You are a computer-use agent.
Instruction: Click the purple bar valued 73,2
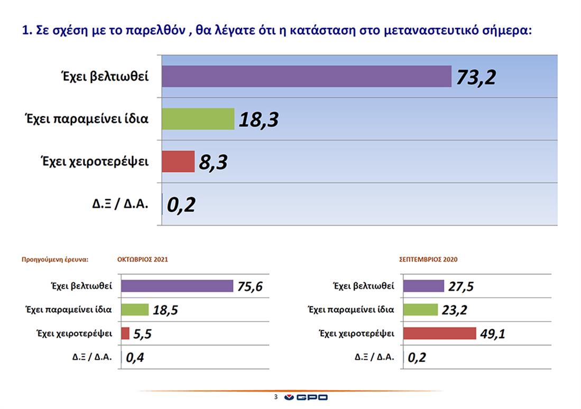pos(306,76)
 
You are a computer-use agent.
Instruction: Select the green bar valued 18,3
pos(198,119)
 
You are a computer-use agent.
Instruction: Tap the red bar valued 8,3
pos(178,161)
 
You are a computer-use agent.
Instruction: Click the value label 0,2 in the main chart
pos(181,204)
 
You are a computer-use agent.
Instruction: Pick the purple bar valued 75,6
pos(177,286)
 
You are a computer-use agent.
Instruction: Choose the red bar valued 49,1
pos(439,333)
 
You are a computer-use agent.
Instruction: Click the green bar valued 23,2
pos(420,310)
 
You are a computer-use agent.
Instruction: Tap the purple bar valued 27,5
pos(423,286)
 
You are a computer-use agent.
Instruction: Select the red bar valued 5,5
pos(125,333)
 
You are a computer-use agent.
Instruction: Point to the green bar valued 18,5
pos(135,310)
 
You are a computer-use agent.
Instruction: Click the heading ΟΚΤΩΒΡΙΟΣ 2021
pos(143,259)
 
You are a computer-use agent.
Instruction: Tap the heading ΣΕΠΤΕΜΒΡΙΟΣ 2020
pos(428,259)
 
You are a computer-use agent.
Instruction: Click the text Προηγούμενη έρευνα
pos(54,259)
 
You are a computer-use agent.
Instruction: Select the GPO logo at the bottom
pos(306,397)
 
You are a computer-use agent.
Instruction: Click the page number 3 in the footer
pos(275,397)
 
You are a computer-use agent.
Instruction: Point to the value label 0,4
pos(134,358)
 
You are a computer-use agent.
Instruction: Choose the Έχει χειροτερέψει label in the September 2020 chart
pos(357,333)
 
